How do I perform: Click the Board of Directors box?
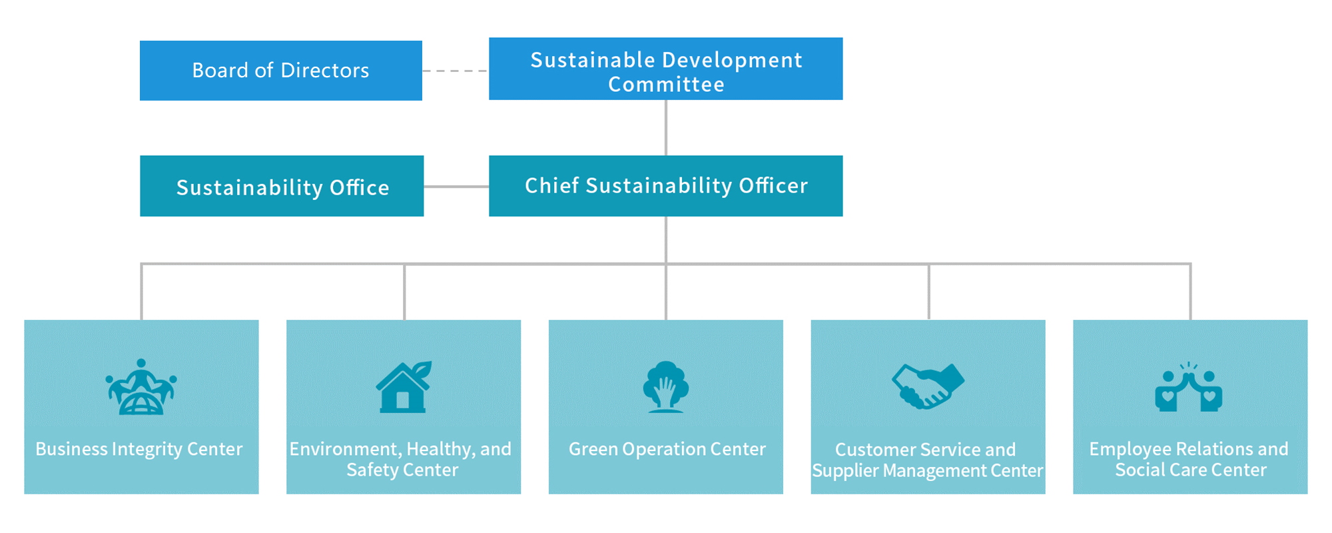pos(281,71)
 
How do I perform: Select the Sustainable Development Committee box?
pos(666,69)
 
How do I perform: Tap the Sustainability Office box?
pos(282,186)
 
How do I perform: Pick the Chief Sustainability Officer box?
pos(666,186)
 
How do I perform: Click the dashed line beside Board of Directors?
pos(456,71)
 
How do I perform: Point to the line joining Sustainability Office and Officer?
pos(456,187)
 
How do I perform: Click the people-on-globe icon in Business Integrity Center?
pos(141,387)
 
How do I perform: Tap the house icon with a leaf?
pos(404,387)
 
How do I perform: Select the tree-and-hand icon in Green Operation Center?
pos(666,387)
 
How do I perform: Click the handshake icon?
pos(928,386)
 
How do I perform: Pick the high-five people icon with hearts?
pos(1189,387)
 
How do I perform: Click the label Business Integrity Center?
pos(139,449)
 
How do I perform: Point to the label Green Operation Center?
pos(667,449)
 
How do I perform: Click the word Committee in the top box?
pos(666,85)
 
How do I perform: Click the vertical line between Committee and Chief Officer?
pos(666,128)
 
